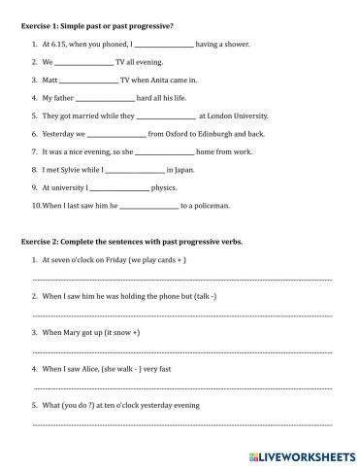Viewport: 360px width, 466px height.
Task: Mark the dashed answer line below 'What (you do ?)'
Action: pos(181,424)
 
